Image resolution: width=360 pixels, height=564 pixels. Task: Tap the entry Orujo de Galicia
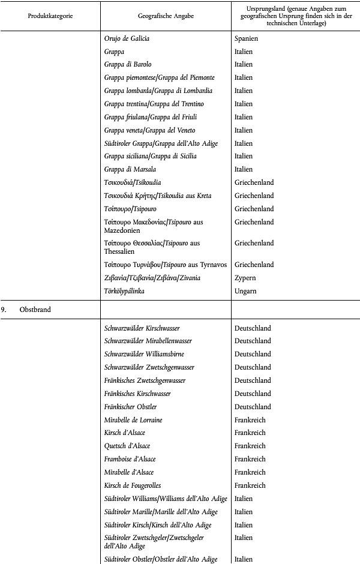pyautogui.click(x=127, y=38)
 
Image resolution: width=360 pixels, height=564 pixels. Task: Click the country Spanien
pyautogui.click(x=246, y=38)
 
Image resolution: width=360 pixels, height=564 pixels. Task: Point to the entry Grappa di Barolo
pyautogui.click(x=128, y=64)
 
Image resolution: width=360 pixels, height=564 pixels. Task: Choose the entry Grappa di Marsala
pyautogui.click(x=130, y=169)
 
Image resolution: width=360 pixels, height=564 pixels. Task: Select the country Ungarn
pyautogui.click(x=245, y=290)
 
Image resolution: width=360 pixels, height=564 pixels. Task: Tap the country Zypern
pyautogui.click(x=245, y=278)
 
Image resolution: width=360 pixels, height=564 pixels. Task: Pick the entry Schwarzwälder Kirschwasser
pyautogui.click(x=142, y=328)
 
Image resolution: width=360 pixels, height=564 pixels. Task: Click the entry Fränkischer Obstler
pyautogui.click(x=130, y=407)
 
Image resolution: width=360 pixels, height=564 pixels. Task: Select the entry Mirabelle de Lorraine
pyautogui.click(x=133, y=420)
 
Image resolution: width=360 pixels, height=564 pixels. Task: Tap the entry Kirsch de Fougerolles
pyautogui.click(x=132, y=485)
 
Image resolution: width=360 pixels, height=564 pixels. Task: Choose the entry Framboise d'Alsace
pyautogui.click(x=130, y=459)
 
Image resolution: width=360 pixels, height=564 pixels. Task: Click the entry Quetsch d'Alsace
pyautogui.click(x=127, y=446)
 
